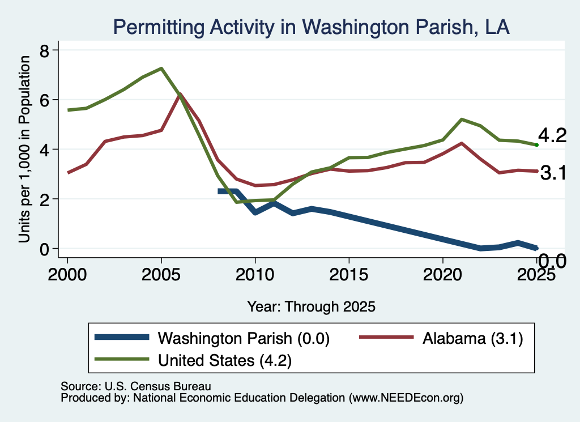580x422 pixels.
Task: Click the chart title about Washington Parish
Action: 311,27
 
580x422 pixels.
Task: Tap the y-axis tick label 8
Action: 45,50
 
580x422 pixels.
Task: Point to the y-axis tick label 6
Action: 45,100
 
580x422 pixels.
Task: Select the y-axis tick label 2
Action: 45,200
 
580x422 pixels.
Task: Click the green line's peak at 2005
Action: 161,69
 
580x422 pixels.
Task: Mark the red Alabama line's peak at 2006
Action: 180,94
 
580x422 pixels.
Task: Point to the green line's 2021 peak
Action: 462,120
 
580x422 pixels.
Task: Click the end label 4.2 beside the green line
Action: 552,135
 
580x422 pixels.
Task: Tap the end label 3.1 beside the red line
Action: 553,173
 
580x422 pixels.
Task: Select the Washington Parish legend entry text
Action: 244,338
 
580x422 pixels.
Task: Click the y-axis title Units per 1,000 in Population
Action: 24,149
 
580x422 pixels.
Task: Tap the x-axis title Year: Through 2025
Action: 311,306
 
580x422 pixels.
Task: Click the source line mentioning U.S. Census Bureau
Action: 136,386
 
